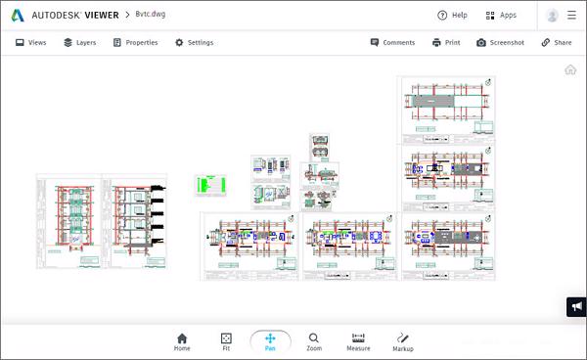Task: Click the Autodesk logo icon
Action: click(18, 15)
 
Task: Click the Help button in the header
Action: click(452, 15)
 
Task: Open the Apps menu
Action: click(501, 15)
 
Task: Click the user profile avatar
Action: click(553, 15)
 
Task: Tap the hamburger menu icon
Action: click(572, 15)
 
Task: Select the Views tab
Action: click(30, 43)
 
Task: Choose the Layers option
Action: click(79, 43)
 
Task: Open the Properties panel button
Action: click(135, 43)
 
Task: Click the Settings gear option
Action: click(194, 43)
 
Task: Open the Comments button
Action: click(393, 43)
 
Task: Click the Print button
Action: click(446, 43)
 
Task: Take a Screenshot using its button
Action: click(500, 43)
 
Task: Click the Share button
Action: click(557, 43)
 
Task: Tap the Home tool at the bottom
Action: click(182, 340)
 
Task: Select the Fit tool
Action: click(226, 340)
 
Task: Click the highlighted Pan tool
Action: click(270, 340)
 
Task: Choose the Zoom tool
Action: click(313, 340)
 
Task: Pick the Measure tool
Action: click(358, 340)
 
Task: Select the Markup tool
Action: click(403, 340)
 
